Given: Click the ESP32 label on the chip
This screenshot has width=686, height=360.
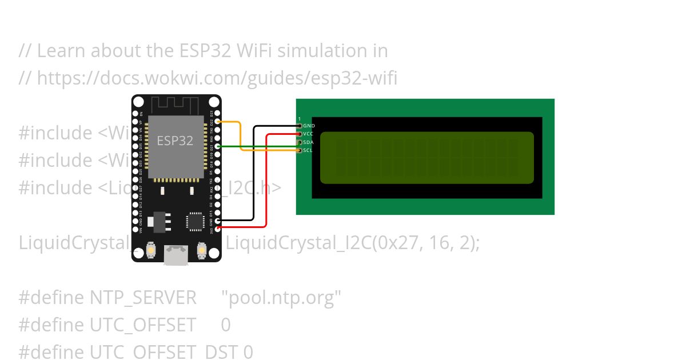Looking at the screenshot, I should [x=175, y=141].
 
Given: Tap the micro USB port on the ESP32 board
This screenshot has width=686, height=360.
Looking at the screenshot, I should [x=176, y=255].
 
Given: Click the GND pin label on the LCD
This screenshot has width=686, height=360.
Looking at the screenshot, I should [x=309, y=126].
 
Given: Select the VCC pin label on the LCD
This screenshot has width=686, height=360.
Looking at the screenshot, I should [x=308, y=134].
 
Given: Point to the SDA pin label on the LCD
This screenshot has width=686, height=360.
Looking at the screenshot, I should [x=308, y=142].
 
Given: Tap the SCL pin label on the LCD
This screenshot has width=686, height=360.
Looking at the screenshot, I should [x=308, y=150].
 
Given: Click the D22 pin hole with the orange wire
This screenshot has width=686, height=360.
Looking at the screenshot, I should [x=217, y=122].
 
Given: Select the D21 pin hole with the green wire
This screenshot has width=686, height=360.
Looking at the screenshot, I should [x=217, y=146].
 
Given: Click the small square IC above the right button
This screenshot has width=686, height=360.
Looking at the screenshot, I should [x=196, y=222].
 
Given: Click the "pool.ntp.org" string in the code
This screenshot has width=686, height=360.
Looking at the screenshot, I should [x=281, y=298].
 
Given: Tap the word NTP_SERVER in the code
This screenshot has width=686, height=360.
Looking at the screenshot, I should [x=143, y=298].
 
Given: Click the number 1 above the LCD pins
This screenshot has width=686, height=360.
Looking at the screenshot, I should [x=300, y=119].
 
